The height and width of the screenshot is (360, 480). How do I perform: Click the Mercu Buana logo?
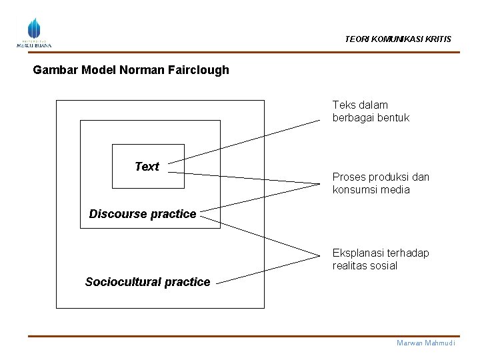33,33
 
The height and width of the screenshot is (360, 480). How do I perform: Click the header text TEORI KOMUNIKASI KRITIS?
397,39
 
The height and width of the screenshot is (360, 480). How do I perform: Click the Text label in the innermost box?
147,167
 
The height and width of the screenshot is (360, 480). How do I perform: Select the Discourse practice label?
143,214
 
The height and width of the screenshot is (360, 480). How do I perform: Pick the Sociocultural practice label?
147,282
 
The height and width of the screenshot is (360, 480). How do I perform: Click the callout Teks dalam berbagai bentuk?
371,111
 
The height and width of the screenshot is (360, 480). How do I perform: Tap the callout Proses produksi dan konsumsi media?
381,183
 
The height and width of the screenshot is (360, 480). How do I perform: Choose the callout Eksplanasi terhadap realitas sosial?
381,259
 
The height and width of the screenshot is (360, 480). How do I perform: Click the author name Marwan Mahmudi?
425,343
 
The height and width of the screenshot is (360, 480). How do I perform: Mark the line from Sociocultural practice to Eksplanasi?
267,269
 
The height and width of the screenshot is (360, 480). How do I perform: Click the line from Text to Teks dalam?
243,141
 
